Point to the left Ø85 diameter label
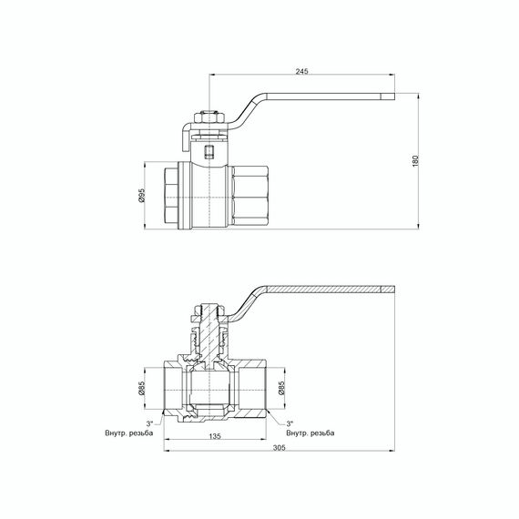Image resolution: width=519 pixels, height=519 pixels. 144,391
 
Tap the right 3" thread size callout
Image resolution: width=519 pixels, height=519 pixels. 289,423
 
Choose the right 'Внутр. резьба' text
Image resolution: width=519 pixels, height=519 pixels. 310,432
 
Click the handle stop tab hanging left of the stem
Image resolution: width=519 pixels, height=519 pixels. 181,137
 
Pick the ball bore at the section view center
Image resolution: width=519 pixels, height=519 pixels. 210,390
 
